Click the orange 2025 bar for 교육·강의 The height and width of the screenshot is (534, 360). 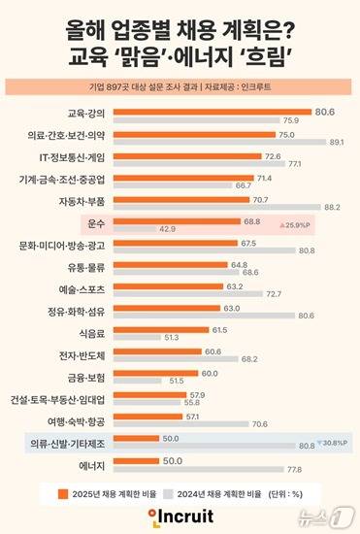(223, 113)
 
